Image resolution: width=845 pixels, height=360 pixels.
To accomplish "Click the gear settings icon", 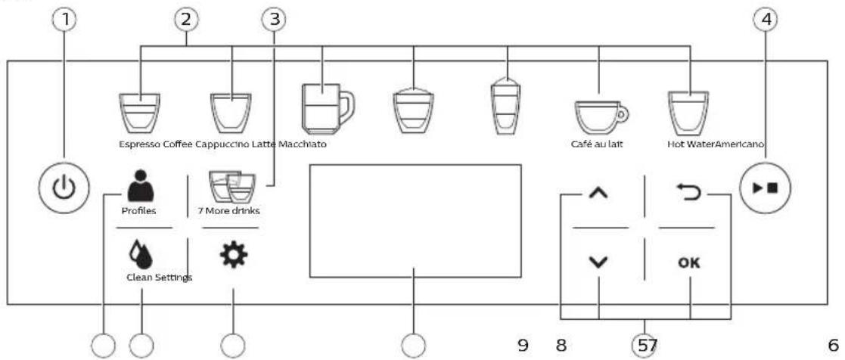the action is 233,256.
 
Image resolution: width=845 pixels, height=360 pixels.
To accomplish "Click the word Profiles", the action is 138,211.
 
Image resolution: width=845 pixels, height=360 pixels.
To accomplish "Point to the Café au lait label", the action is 597,144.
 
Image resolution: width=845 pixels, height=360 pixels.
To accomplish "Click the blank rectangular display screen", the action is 415,221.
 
